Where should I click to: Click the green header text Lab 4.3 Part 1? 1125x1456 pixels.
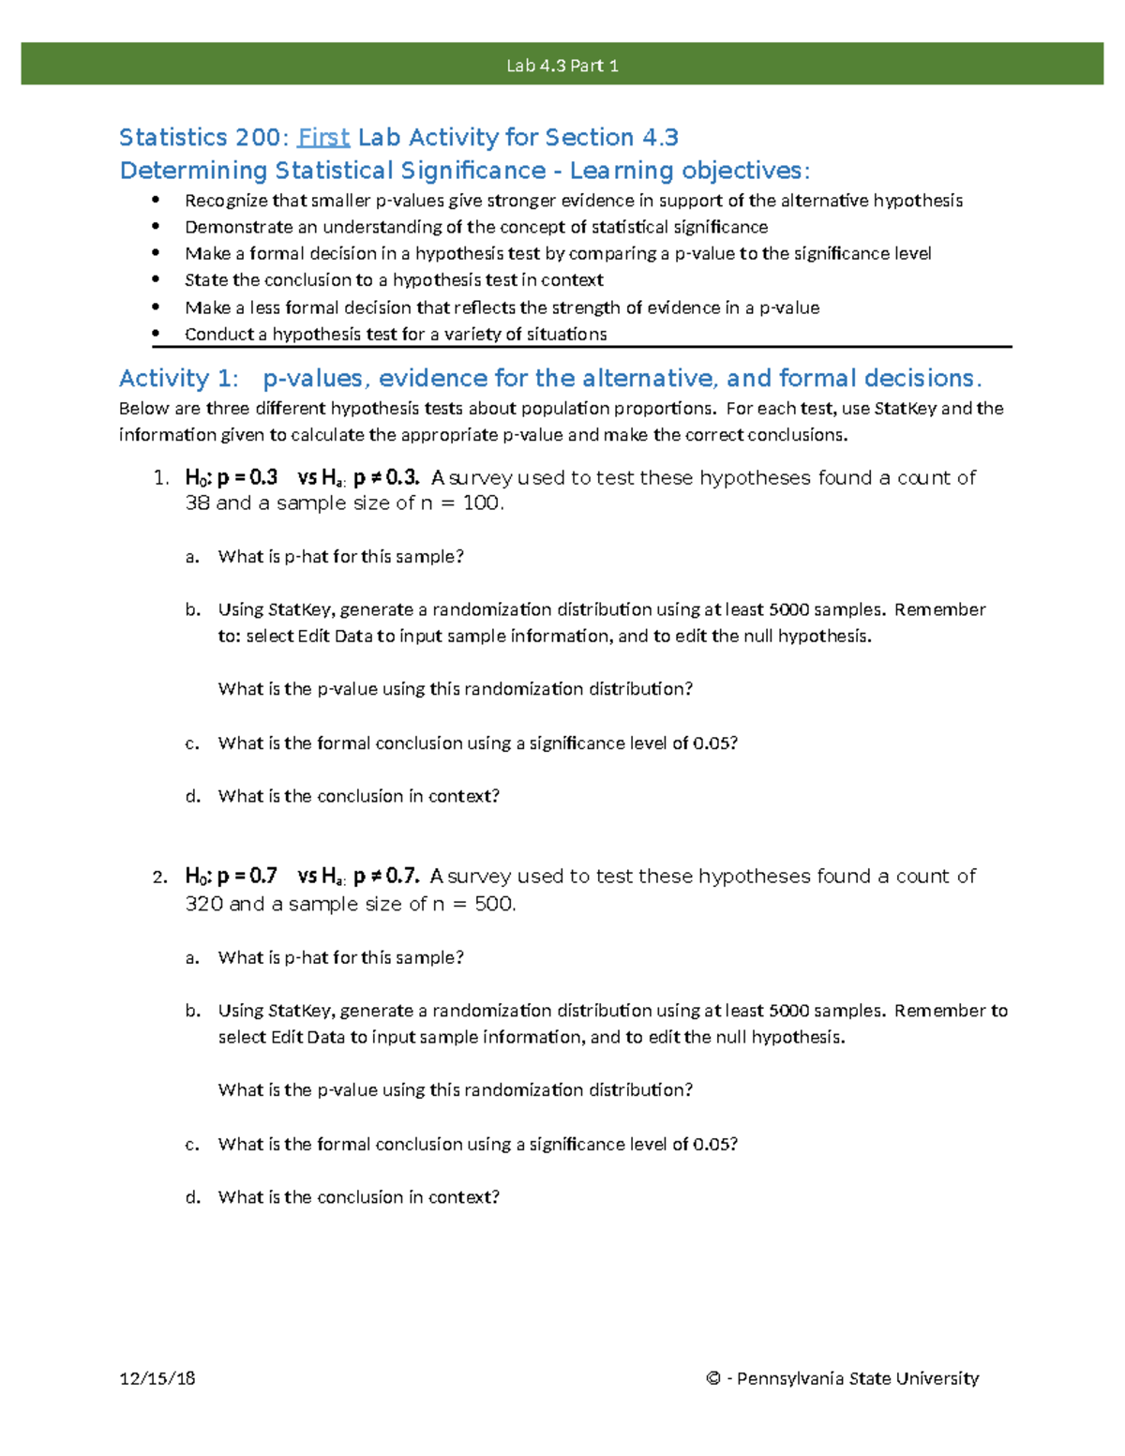(x=562, y=66)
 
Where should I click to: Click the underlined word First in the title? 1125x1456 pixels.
(x=323, y=138)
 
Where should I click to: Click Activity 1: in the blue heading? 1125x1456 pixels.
(x=178, y=379)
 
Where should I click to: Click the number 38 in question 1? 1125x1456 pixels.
(x=197, y=503)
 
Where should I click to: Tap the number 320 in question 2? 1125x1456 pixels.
(x=203, y=905)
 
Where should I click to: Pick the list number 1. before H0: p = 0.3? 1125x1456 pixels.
(x=160, y=478)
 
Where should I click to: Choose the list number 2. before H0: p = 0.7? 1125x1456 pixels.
(x=160, y=878)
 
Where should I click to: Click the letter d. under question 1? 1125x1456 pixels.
(x=193, y=797)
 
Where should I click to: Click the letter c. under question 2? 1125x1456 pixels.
(x=192, y=1145)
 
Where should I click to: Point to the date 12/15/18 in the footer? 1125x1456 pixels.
(x=157, y=1378)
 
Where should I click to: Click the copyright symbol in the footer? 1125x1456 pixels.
(x=713, y=1378)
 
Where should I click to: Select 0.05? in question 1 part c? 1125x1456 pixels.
(x=715, y=743)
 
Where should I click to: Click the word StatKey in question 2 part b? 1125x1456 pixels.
(x=299, y=1011)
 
